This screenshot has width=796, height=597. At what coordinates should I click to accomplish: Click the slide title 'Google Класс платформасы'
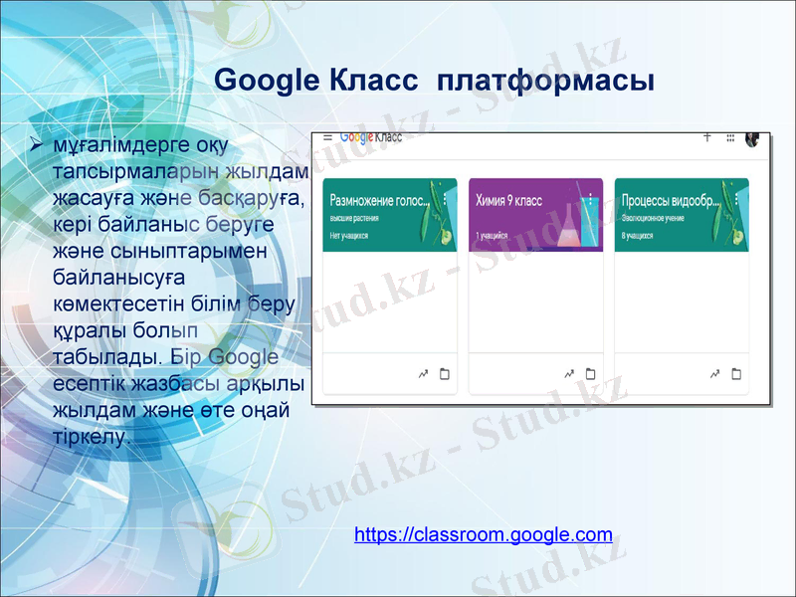pos(434,80)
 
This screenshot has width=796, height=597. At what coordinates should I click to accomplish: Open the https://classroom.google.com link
pos(483,535)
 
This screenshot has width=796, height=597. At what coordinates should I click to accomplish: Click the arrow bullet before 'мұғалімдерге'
pos(36,147)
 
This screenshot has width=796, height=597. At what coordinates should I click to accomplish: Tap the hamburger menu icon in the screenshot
pos(326,138)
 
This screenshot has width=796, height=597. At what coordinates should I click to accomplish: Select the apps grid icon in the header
pos(730,138)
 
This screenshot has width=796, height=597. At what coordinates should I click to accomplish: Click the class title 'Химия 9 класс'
pos(509,200)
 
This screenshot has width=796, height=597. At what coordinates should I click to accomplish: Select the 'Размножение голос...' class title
pos(378,200)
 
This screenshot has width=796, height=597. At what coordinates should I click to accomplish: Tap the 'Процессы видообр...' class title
pos(670,200)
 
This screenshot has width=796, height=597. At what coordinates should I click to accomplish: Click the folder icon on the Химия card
pos(590,374)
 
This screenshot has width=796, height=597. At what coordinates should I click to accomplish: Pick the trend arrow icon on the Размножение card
pos(423,374)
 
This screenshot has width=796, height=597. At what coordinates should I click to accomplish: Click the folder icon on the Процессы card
pos(736,374)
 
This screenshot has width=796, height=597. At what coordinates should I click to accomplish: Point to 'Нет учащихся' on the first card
pos(349,236)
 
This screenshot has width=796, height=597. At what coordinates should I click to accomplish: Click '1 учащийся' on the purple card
pos(492,236)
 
